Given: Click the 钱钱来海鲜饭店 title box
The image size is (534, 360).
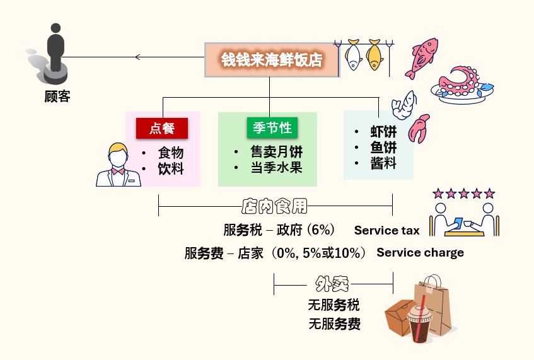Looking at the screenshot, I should click(272, 60).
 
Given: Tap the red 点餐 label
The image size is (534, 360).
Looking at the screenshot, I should click(162, 129).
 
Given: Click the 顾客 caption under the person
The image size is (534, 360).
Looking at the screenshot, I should click(57, 96).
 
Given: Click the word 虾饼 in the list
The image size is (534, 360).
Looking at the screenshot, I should click(383, 132).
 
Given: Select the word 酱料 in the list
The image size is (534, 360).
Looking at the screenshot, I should click(383, 163).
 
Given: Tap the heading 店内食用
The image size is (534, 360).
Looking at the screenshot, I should click(275, 206).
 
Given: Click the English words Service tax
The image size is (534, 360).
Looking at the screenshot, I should click(386, 230).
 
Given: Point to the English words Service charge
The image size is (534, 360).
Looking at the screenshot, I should click(420, 253).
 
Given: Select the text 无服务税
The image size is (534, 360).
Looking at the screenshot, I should click(334, 305).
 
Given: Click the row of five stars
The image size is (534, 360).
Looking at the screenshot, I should click(463, 194).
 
